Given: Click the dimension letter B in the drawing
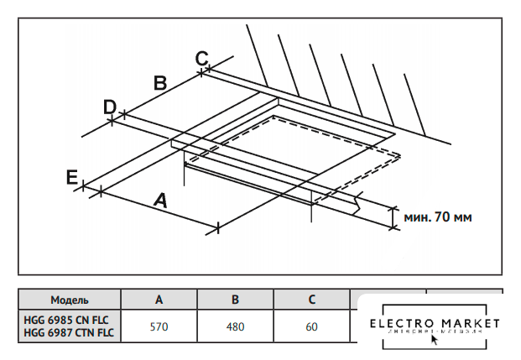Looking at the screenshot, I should (x=161, y=82).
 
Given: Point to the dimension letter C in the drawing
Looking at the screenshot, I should (x=201, y=58).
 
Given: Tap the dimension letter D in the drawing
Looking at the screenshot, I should (x=109, y=107).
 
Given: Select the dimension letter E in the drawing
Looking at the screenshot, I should (x=72, y=176).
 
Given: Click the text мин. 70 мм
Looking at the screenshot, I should (x=438, y=217).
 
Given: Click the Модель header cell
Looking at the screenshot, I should (x=70, y=300).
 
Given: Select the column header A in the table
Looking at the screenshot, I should (x=159, y=300).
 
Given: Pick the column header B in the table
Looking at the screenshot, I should (x=236, y=300).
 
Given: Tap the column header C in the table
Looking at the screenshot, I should (x=312, y=300).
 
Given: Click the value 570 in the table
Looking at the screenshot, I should (x=159, y=326).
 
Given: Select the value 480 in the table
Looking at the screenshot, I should (x=236, y=326).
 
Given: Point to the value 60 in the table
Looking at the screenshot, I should (x=312, y=326).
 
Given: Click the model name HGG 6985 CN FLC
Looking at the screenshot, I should (x=66, y=320).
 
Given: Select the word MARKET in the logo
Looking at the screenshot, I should (x=468, y=324).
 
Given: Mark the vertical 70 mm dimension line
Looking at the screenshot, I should (x=392, y=217).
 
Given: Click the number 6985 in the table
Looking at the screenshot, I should (x=62, y=320).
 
